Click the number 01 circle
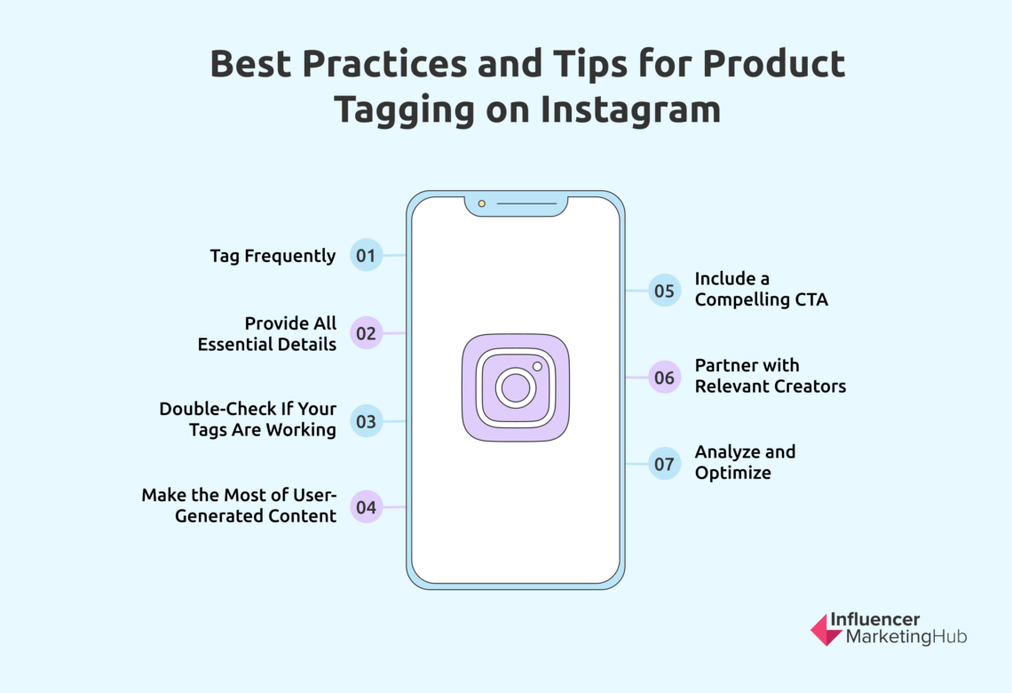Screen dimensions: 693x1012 coord(366,256)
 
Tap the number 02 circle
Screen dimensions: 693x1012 coord(366,334)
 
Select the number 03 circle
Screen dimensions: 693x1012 coord(366,422)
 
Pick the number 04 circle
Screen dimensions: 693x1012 coord(366,508)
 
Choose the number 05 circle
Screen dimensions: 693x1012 coord(664,290)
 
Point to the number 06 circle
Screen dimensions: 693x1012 coord(664,377)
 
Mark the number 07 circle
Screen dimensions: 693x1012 coord(664,464)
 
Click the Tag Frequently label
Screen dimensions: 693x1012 coord(273,256)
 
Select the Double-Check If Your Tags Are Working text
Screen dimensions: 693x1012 coord(248,419)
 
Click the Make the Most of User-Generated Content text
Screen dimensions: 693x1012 coord(239,506)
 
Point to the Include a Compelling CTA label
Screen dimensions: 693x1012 coord(761,289)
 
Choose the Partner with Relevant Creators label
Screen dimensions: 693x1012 coord(770,376)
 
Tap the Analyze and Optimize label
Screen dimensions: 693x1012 coord(745,462)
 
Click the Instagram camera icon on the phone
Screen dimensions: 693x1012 coord(516,387)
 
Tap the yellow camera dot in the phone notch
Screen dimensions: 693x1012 coord(482,203)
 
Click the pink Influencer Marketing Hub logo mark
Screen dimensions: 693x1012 coord(826,629)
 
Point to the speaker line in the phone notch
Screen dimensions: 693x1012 coord(526,203)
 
